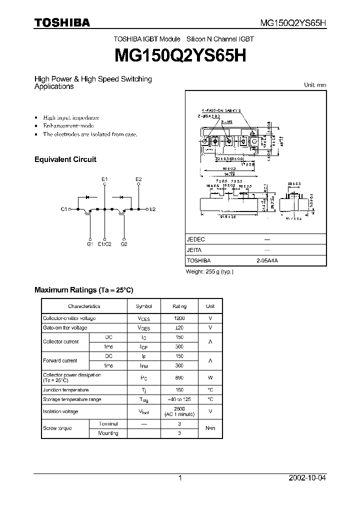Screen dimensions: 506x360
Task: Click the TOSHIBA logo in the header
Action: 61,22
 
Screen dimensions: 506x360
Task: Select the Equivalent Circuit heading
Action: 65,159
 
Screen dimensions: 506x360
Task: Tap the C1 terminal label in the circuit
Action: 64,209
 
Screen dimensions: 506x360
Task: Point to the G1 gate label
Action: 90,244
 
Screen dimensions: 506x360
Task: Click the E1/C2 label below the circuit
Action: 105,244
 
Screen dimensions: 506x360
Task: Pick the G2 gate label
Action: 124,244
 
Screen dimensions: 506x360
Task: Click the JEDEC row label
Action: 195,239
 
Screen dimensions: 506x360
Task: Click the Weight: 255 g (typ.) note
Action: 209,271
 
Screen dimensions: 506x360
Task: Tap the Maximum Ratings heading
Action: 83,290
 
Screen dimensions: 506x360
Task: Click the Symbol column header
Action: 143,306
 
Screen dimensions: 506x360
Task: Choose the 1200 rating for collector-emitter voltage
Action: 179,318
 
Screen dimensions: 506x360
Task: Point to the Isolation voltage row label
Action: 60,411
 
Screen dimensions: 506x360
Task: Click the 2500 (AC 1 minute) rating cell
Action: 179,411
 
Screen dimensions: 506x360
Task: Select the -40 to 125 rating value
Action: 179,399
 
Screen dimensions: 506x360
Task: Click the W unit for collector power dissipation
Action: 210,377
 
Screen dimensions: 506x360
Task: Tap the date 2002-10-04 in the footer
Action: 307,478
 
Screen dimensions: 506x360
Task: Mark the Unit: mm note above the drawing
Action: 315,85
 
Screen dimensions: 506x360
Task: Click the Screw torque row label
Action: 57,428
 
